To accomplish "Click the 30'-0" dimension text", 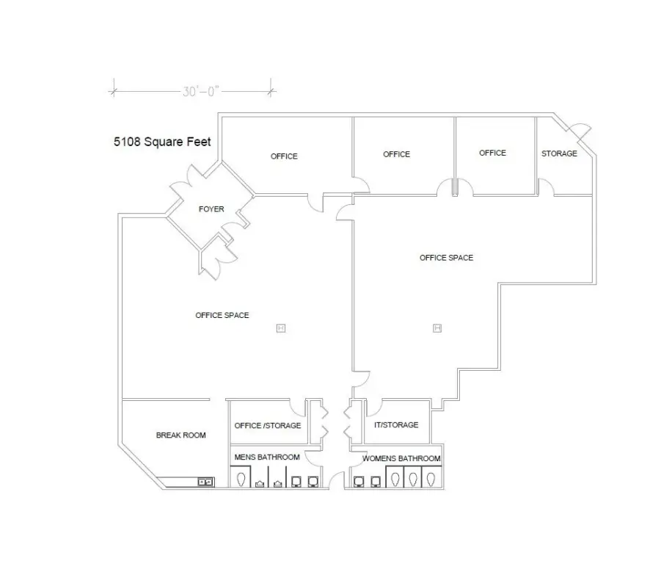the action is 201,91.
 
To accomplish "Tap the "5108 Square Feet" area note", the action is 162,142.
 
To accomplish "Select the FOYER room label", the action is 211,209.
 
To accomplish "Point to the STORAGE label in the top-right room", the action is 559,153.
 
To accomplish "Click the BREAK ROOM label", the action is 181,435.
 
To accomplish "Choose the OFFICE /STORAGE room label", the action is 268,425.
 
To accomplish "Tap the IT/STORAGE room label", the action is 396,424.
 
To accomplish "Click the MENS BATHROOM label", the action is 267,458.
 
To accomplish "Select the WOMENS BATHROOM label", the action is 401,458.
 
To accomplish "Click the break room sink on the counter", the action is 205,482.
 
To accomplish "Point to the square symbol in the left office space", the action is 281,328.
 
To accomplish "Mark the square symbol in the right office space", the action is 437,328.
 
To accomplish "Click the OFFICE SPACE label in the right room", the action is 447,257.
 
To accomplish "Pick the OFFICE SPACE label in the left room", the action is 222,315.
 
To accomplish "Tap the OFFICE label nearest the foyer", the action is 284,156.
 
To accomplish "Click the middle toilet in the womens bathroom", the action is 413,479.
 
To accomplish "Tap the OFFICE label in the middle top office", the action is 396,154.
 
